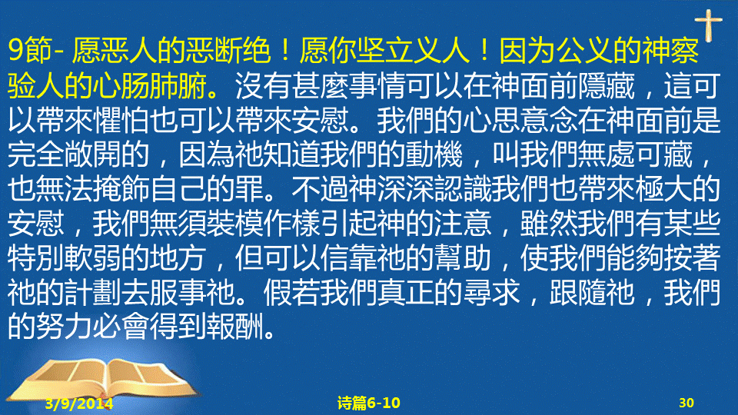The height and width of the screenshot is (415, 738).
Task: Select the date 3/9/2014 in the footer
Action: (x=79, y=403)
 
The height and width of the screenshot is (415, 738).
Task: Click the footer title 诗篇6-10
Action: (x=368, y=403)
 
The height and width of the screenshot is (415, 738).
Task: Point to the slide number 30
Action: (x=686, y=403)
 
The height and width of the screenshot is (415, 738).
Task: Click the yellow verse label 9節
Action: (x=30, y=51)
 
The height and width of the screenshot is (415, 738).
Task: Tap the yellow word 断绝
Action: (x=242, y=51)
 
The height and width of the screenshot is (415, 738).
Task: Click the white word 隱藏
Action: (x=607, y=86)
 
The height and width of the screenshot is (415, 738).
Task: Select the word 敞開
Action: (x=93, y=154)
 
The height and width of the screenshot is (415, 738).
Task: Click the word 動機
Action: (x=434, y=154)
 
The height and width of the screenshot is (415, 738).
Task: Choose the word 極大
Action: (x=663, y=189)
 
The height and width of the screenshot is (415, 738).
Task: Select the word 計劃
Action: (x=93, y=293)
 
